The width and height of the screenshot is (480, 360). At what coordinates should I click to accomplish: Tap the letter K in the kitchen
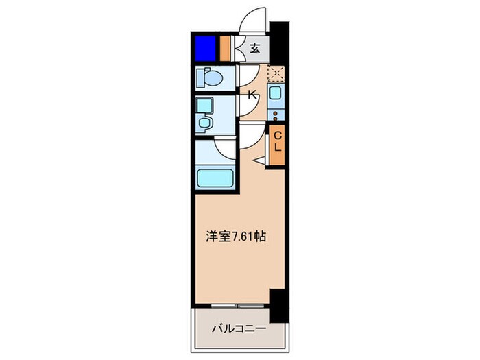[x=252, y=95]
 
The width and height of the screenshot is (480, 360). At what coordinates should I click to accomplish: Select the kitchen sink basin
[x=276, y=94]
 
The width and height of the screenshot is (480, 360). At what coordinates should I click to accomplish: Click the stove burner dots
[x=276, y=114]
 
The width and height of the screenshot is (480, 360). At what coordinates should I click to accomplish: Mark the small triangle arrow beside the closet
[x=259, y=160]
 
